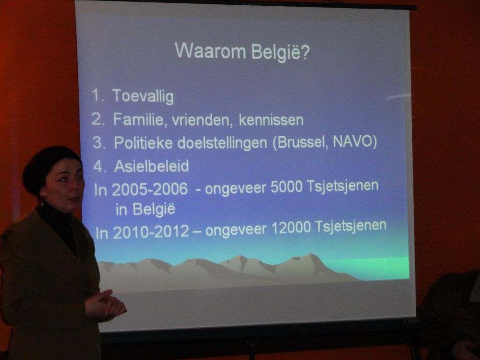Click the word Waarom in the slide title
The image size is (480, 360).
(210, 51)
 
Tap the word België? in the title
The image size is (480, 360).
(281, 52)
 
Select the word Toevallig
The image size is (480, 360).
(143, 96)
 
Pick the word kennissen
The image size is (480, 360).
(271, 120)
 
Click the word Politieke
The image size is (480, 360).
(143, 143)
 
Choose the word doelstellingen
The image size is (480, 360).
(222, 143)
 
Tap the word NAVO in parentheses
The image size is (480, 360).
(355, 142)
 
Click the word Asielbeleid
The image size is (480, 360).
(152, 166)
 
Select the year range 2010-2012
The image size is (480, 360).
(151, 232)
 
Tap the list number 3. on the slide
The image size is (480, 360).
(99, 143)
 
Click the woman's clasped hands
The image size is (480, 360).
(106, 305)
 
